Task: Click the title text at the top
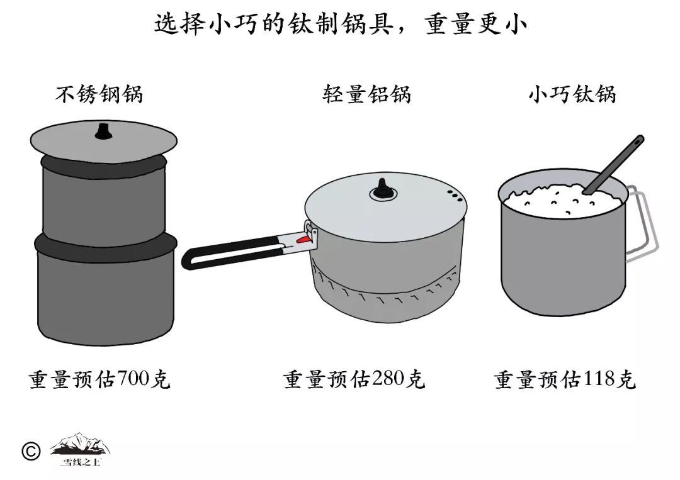click(340, 25)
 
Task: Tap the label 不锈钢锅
click(99, 94)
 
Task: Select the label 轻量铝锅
click(366, 94)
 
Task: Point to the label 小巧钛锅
click(572, 94)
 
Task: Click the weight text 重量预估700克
click(99, 380)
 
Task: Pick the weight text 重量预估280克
click(354, 380)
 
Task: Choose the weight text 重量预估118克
click(565, 380)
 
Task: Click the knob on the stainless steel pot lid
click(103, 131)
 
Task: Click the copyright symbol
click(30, 451)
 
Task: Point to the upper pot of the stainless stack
click(104, 201)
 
